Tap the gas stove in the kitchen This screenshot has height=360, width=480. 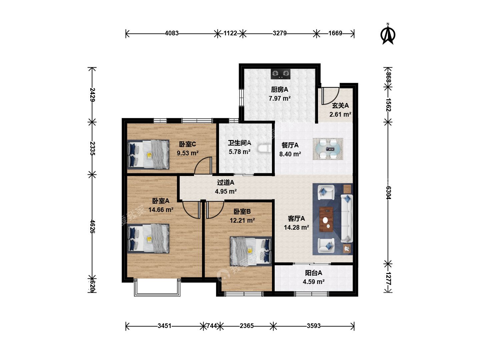(281, 74)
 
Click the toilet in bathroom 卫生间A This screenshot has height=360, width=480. (264, 148)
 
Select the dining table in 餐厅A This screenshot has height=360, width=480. (328, 149)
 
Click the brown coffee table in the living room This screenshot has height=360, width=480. (326, 219)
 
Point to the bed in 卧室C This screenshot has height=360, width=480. (148, 155)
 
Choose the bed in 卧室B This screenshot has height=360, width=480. (251, 251)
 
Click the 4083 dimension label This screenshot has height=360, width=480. (172, 33)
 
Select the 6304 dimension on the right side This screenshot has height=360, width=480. (388, 193)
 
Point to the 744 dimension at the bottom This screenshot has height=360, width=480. (211, 326)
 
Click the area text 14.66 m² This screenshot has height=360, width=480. (161, 210)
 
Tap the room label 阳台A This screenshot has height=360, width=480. (313, 273)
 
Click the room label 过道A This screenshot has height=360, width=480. (226, 182)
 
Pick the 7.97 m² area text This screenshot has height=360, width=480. (280, 98)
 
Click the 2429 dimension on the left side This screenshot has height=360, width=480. (92, 95)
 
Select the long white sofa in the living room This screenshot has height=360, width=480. (347, 218)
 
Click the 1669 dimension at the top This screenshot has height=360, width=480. (335, 33)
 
